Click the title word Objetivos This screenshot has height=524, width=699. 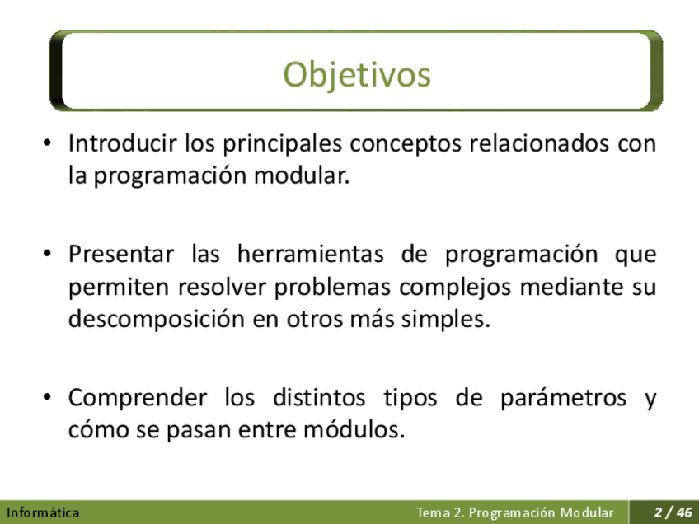[357, 75]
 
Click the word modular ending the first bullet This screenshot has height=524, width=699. [302, 175]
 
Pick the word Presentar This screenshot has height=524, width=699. [121, 255]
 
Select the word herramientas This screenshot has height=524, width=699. [310, 255]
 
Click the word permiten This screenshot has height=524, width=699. [119, 287]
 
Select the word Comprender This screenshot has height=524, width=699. [138, 398]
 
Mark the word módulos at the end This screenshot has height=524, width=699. [354, 430]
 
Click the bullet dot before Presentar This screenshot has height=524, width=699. [47, 254]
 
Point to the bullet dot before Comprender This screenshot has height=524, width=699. [47, 396]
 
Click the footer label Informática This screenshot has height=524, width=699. [43, 512]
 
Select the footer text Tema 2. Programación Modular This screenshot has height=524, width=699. [515, 512]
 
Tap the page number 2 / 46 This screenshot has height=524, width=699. [673, 512]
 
